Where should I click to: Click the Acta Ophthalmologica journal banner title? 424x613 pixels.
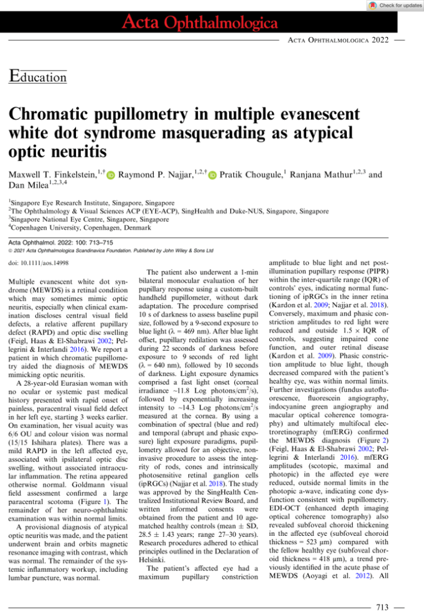[x=200, y=23]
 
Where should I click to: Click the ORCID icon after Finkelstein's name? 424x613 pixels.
[x=111, y=175]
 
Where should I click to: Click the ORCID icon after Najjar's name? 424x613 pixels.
[x=213, y=175]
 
